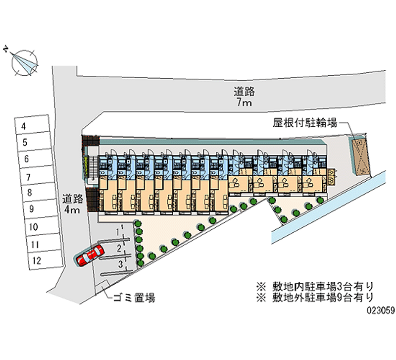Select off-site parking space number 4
32,126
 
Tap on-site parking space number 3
120,264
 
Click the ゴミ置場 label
134,298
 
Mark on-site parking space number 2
120,248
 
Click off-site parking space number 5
32,143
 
